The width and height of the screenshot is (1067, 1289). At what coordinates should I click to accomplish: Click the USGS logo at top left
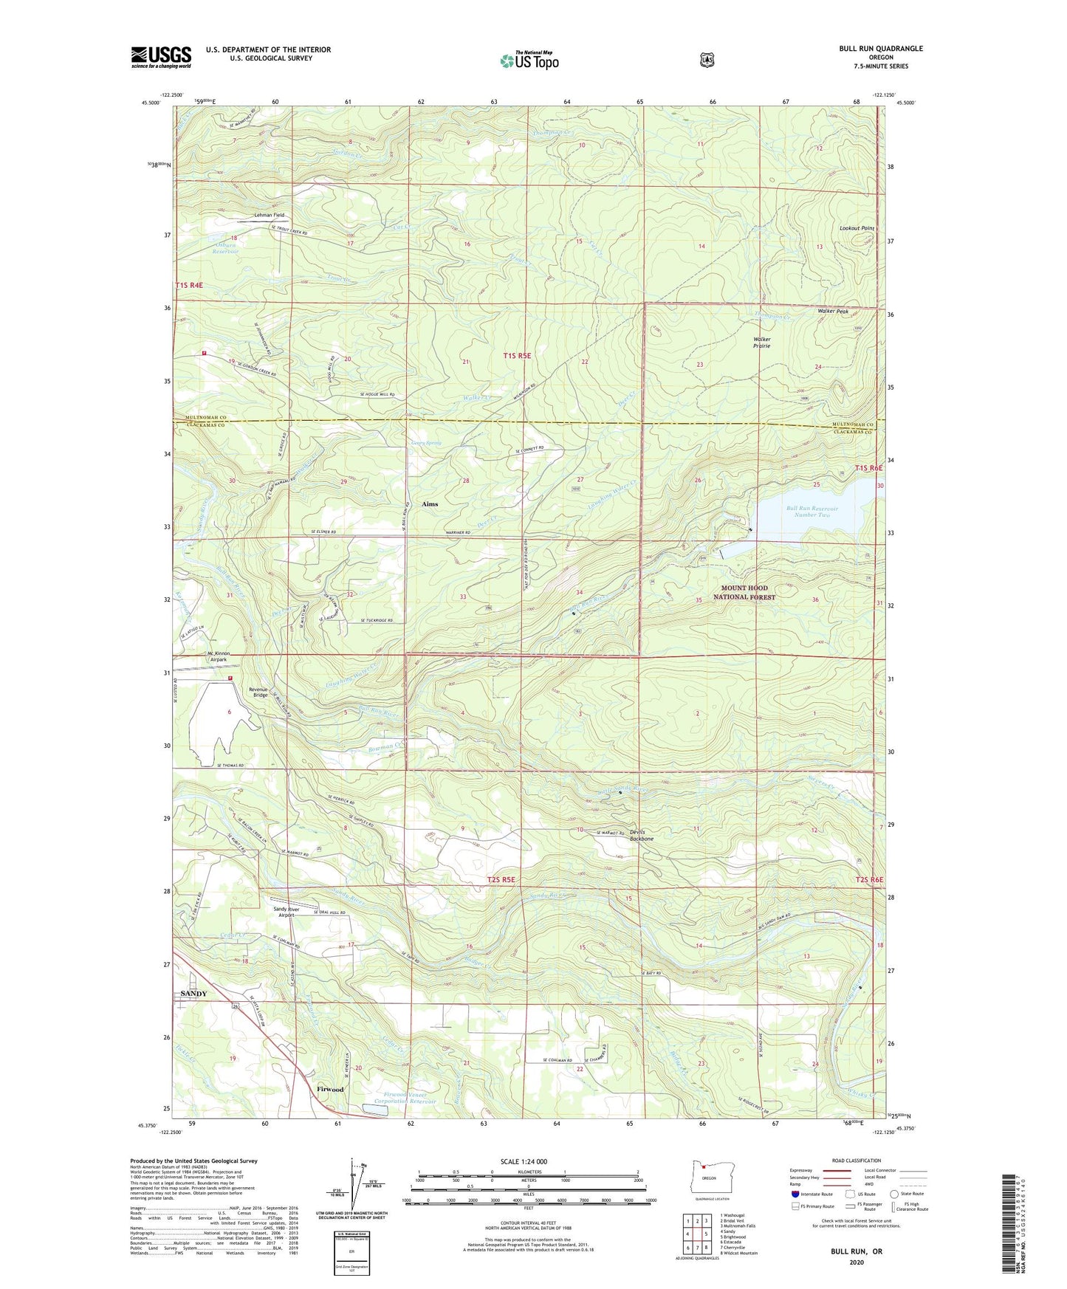point(161,57)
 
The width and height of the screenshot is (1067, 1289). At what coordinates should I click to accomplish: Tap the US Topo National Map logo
point(529,60)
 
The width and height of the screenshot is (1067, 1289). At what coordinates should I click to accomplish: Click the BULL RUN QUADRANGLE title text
point(880,49)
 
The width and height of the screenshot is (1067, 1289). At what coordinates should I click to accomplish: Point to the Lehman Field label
point(269,215)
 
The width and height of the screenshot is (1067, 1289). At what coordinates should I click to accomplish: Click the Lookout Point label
point(857,229)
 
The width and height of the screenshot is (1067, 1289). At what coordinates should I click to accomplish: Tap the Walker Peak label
point(832,312)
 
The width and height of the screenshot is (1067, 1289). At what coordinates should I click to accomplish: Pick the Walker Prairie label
point(761,343)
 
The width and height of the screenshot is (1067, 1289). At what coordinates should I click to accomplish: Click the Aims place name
point(430,504)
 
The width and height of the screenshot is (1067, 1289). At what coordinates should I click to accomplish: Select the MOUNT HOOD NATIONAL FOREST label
point(744,593)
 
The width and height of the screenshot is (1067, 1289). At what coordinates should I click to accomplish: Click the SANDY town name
point(194,994)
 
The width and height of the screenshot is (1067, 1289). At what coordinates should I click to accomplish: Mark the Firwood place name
point(329,1089)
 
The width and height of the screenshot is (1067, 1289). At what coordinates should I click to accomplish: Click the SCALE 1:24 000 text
point(524,1161)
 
